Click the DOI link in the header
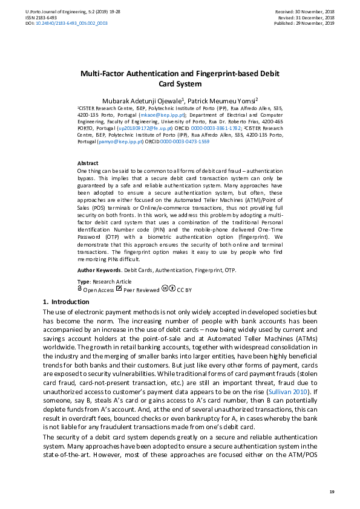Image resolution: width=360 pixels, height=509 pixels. pos(75,23)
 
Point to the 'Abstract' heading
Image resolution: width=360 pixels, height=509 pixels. pos(88,163)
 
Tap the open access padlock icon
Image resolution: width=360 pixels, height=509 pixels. pos(80,290)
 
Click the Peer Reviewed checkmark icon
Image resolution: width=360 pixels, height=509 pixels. pos(119,290)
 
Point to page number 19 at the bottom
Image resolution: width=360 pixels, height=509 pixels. pos(332,492)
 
